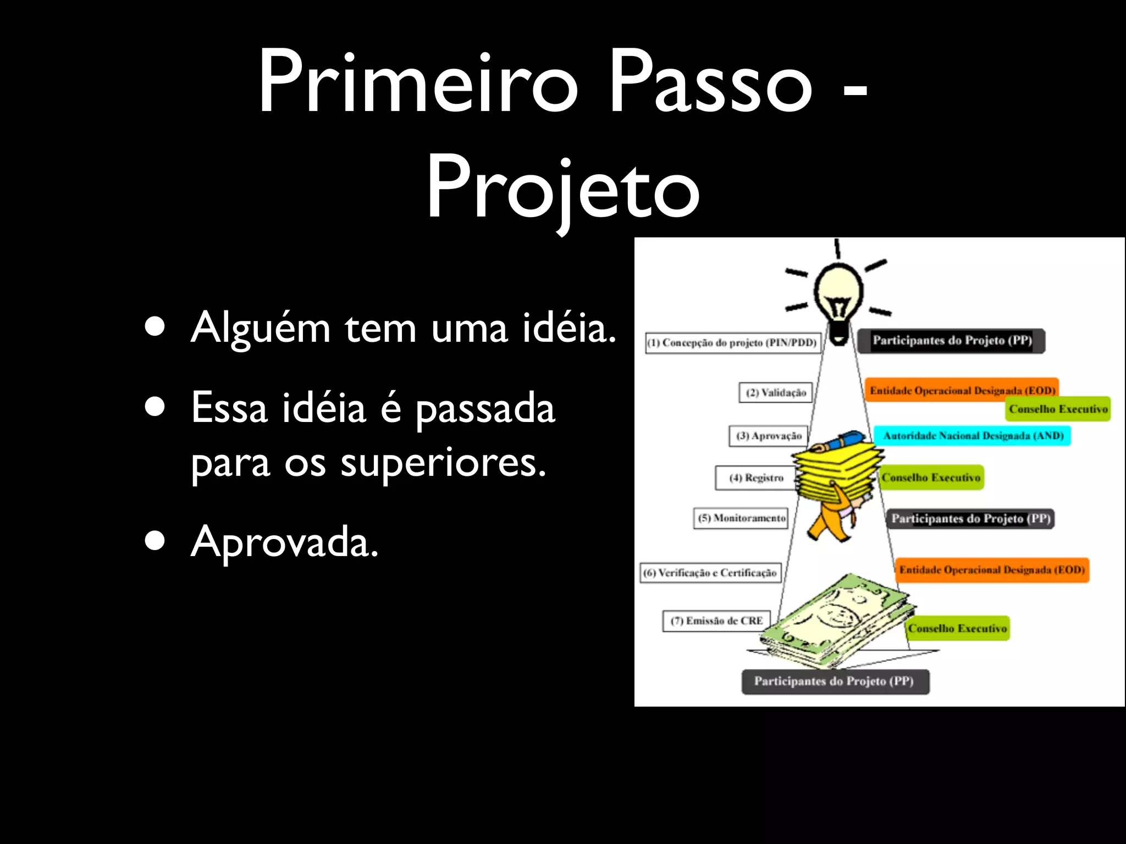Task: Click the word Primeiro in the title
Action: tap(418, 82)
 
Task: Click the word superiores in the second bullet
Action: tap(442, 463)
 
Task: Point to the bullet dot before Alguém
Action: tap(155, 326)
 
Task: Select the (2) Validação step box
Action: tap(775, 393)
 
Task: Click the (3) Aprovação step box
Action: tap(769, 436)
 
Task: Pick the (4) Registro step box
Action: tap(755, 478)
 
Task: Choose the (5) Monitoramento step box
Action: tap(741, 518)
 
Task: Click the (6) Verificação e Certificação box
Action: tap(710, 573)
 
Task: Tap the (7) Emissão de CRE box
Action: tap(716, 621)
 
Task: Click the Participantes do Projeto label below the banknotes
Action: tap(835, 681)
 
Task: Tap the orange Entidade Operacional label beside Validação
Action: tap(961, 390)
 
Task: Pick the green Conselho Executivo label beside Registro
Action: tap(931, 477)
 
